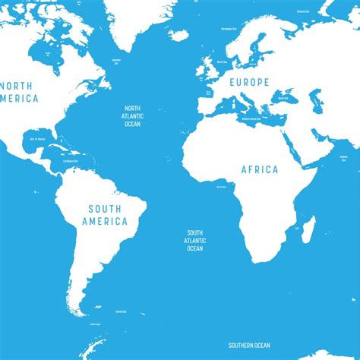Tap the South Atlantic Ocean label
(x=195, y=240)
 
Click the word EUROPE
(x=245, y=81)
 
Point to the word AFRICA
(x=260, y=169)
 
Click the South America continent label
(x=106, y=215)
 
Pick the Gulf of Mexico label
(x=36, y=139)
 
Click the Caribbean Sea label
(x=71, y=161)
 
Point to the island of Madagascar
(x=308, y=229)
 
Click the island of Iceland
(x=178, y=35)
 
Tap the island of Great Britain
(x=207, y=68)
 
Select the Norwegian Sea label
(x=227, y=28)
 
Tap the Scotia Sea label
(x=121, y=311)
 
